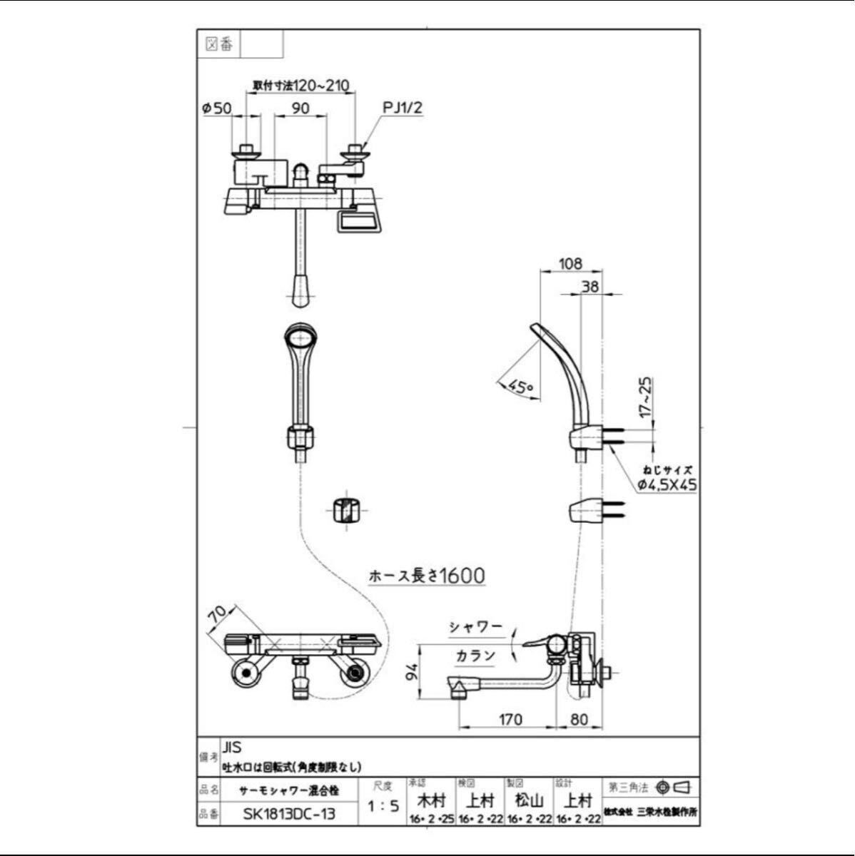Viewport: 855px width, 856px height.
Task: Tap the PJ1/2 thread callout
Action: [x=403, y=108]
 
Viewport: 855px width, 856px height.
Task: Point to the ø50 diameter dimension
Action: [x=217, y=108]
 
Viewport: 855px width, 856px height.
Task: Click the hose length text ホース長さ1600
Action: [x=426, y=576]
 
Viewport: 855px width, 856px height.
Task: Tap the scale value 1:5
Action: [x=383, y=807]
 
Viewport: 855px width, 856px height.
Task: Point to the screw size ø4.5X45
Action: [x=667, y=485]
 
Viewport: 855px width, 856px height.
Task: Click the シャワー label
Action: [x=475, y=628]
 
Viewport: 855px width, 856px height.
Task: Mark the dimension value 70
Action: [x=218, y=613]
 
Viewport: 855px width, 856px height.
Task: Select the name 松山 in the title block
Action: [x=529, y=800]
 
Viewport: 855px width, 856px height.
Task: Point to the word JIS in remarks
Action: [x=232, y=748]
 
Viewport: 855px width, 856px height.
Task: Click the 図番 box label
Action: [x=219, y=44]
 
